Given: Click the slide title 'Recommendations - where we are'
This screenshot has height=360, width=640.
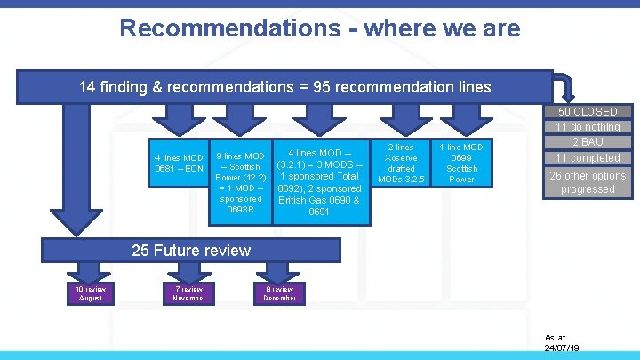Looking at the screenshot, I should tap(319, 28).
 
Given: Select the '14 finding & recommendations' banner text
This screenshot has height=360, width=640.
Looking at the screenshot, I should tap(284, 87).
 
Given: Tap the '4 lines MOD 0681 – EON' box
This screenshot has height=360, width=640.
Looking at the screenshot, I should tap(180, 164).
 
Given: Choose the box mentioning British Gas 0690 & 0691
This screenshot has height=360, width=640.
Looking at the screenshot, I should tap(319, 181).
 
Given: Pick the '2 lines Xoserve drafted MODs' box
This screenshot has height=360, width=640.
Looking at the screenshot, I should tap(401, 163).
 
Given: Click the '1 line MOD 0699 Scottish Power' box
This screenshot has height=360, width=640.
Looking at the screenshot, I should tap(461, 163).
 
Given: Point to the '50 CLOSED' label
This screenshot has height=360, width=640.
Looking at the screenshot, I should tap(588, 112).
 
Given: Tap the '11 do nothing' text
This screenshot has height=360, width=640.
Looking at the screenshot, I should tap(588, 127).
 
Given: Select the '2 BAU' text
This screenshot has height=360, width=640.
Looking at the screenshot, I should tap(588, 142).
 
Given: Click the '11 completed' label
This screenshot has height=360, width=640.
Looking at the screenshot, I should tap(588, 158).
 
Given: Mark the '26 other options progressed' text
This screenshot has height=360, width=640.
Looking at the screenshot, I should tap(588, 182).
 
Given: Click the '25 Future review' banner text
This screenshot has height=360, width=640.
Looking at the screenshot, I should tap(191, 251).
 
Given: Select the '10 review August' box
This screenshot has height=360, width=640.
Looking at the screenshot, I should tap(90, 293).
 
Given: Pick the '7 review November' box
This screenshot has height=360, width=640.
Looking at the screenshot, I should tap(189, 293).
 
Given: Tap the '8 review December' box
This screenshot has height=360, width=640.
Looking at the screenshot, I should tap(280, 293).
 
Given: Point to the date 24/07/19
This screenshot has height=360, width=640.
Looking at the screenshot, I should tap(564, 348).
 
